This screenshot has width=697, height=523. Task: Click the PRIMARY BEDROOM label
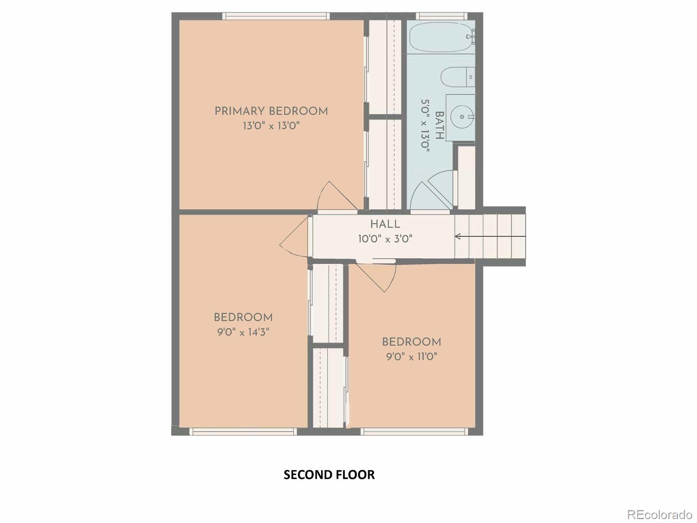[x=271, y=112]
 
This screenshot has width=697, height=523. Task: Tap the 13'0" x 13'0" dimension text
[x=271, y=126]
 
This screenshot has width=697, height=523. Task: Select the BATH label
[x=440, y=125]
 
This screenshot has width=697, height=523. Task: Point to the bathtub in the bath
[x=442, y=37]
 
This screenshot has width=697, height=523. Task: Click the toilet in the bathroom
[x=457, y=77]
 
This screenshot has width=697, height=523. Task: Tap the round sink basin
[x=462, y=117]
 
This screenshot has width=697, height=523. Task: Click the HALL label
[x=385, y=224]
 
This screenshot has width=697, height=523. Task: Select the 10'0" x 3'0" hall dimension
[x=385, y=239]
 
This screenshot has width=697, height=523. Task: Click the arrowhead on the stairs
[x=457, y=236]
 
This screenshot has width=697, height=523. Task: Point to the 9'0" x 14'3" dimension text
[x=243, y=333]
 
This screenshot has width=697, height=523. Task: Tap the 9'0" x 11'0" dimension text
[x=412, y=357]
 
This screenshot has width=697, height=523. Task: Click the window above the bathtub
[x=442, y=16]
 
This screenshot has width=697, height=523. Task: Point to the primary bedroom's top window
[x=276, y=16]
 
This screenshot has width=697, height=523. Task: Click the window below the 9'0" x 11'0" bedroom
[x=414, y=431]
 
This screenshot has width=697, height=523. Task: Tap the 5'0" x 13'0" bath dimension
[x=425, y=126]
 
